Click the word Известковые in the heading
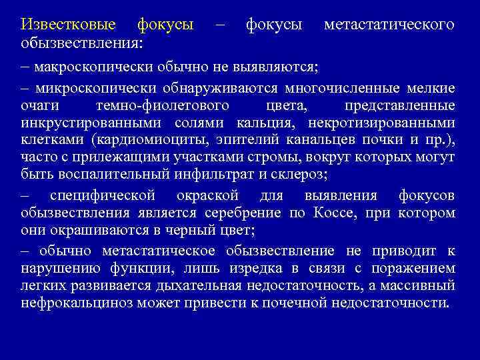tap(68, 25)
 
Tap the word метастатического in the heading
tap(389, 25)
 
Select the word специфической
tap(102, 195)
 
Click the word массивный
tap(421, 285)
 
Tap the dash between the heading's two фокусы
tap(220, 25)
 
